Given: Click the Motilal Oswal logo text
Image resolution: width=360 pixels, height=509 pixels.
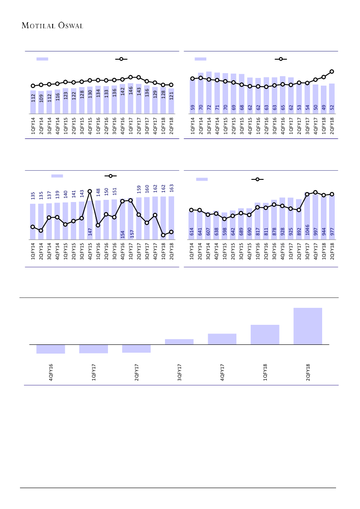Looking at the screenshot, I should [x=52, y=25].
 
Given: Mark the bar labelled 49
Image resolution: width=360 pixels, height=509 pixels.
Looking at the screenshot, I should [x=323, y=100].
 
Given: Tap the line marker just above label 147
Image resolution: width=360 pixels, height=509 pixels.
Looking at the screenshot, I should [x=90, y=192].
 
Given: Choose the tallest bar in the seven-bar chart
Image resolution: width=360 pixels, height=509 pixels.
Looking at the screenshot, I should [x=308, y=326].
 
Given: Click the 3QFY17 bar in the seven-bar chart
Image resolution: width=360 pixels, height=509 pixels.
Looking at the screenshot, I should [x=179, y=342].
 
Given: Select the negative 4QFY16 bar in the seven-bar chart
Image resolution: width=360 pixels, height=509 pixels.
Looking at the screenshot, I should [x=50, y=349].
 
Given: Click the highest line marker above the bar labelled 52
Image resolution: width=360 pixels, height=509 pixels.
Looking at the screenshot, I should [x=332, y=71].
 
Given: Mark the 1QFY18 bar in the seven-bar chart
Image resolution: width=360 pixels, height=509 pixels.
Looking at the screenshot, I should [x=265, y=334].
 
